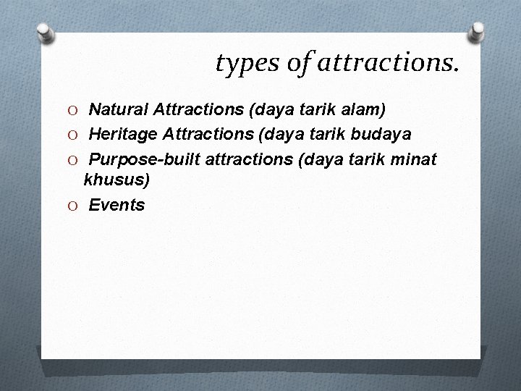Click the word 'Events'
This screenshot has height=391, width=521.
point(117,205)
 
